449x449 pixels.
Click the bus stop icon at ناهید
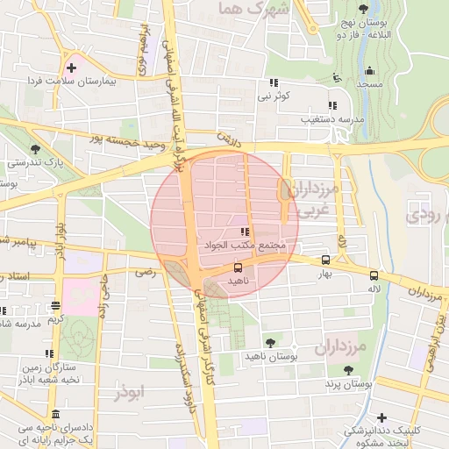pos(239,267)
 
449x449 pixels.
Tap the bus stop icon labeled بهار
pos(326,260)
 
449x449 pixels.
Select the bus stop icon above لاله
pos(374,274)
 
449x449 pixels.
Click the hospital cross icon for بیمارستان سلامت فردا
pos(71,67)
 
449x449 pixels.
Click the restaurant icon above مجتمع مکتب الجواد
pos(242,232)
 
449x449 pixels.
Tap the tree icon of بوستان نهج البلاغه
pos(362,10)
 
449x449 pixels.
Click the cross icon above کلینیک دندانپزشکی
pos(381,417)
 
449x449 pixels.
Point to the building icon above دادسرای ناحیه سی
pos(56,414)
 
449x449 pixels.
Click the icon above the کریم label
pos(56,305)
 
